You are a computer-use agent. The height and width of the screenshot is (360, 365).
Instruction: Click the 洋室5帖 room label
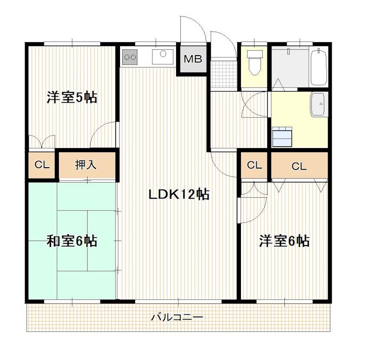(x=72, y=97)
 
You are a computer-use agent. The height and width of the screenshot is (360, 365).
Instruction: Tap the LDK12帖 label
(x=178, y=195)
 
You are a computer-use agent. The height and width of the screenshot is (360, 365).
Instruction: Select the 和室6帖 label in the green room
(x=72, y=240)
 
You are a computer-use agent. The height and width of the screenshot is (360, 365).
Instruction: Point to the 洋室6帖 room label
(x=284, y=240)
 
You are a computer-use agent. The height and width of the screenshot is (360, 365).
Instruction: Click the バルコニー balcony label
(x=177, y=317)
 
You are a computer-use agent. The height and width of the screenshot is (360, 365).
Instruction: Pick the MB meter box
(x=193, y=59)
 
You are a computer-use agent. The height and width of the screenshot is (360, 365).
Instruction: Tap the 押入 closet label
(x=86, y=165)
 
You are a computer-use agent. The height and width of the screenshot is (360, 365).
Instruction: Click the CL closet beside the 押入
(x=42, y=165)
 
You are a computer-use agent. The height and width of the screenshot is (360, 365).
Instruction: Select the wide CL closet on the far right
(x=299, y=166)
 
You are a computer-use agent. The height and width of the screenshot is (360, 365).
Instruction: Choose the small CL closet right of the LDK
(x=255, y=165)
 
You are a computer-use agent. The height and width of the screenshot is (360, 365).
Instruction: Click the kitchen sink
(x=162, y=57)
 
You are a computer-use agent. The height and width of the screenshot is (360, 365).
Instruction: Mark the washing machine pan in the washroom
(x=282, y=136)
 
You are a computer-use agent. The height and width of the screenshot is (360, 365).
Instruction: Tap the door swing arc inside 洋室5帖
(x=103, y=134)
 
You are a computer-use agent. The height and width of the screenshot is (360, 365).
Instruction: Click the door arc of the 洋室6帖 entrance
(x=252, y=201)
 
